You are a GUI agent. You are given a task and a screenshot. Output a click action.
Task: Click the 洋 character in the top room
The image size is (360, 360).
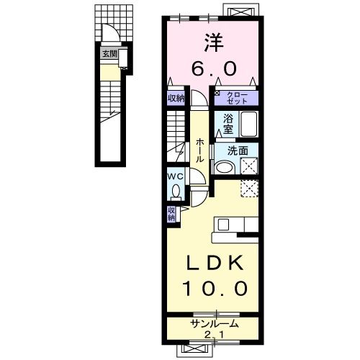(212, 41)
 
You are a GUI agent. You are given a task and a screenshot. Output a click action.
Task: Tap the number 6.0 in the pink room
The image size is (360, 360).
(212, 68)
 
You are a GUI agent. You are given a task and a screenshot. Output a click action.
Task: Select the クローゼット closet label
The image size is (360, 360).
(237, 96)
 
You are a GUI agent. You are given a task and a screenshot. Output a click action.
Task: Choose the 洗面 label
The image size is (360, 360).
(238, 152)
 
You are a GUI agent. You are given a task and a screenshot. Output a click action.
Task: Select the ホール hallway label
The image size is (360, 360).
(199, 149)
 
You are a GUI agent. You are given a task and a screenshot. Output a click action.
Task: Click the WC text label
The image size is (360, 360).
(176, 176)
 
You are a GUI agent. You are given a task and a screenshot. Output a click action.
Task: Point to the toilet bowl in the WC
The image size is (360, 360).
(176, 191)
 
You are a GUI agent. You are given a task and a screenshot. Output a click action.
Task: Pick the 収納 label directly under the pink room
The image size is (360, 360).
(176, 99)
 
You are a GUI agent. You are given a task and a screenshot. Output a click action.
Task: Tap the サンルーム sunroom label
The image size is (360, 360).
(214, 324)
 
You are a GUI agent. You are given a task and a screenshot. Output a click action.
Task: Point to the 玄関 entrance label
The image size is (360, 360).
(109, 53)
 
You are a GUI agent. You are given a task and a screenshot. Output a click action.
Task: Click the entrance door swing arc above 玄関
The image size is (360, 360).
(109, 35)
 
